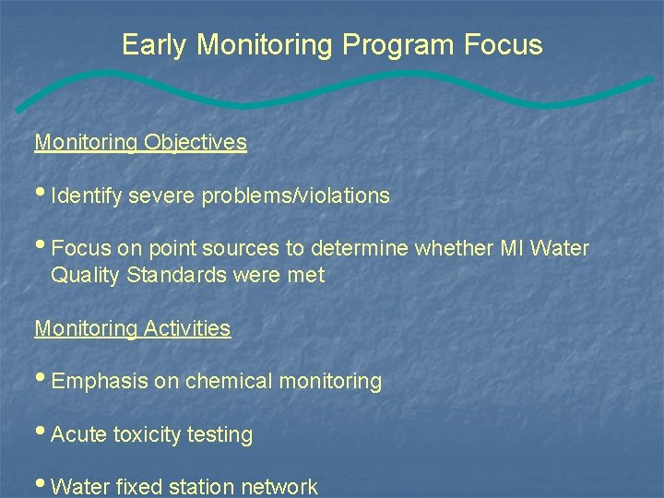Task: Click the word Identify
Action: click(88, 196)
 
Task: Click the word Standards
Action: click(172, 276)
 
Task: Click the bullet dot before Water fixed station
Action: click(41, 485)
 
